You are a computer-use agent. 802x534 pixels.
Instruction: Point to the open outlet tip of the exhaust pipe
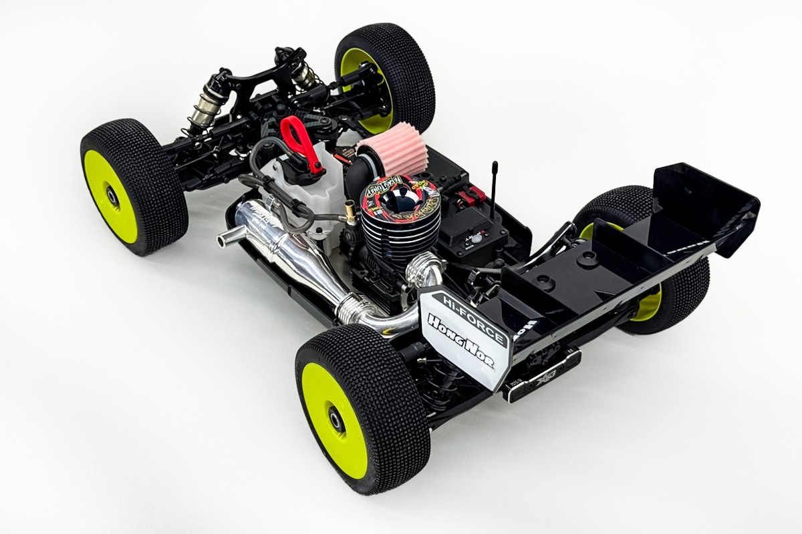pyautogui.click(x=223, y=238)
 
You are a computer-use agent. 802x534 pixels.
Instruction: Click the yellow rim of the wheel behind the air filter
pyautogui.click(x=364, y=87)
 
